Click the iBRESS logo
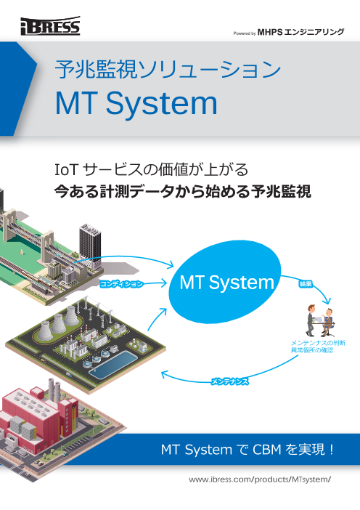(x=50, y=26)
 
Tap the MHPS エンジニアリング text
(x=300, y=32)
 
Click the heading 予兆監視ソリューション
(x=168, y=68)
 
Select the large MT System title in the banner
(x=136, y=104)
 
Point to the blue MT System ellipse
(x=226, y=282)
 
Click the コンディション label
(x=121, y=283)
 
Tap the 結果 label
(x=306, y=284)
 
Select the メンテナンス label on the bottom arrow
(x=229, y=381)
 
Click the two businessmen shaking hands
(x=321, y=320)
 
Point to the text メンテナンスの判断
(x=318, y=343)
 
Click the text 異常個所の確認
(x=312, y=350)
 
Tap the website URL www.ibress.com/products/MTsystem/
(x=260, y=479)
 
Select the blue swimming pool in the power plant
(x=113, y=364)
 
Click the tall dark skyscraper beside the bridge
(x=90, y=244)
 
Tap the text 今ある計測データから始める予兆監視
(x=183, y=192)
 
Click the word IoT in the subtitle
(x=67, y=169)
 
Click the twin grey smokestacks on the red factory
(x=54, y=390)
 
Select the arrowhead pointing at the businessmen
(x=329, y=301)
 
